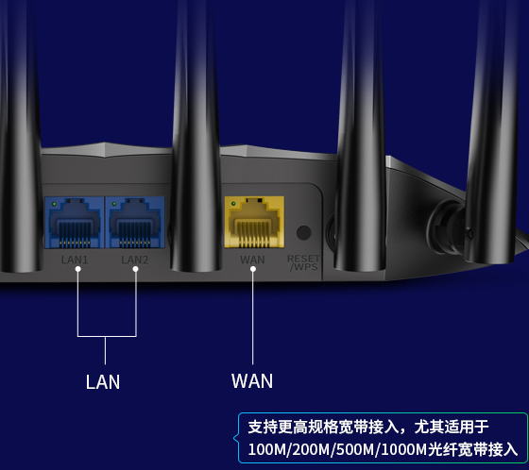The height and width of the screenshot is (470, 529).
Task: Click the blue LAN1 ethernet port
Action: click(x=75, y=223)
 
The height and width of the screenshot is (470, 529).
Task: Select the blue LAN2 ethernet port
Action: click(x=135, y=223)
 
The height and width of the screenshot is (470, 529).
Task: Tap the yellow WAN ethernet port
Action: click(x=254, y=222)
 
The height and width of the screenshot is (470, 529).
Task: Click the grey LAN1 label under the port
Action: click(x=75, y=260)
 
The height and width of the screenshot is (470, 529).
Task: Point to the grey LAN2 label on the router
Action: click(x=134, y=260)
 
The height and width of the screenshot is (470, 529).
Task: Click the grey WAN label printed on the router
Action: click(x=252, y=260)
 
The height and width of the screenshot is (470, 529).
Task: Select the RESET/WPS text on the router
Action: click(x=303, y=262)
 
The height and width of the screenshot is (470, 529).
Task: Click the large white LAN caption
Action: click(x=103, y=382)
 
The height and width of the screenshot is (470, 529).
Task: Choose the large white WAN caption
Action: click(x=252, y=381)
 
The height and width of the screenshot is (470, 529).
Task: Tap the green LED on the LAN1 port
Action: click(x=54, y=204)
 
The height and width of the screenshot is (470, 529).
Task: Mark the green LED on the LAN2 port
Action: click(x=114, y=204)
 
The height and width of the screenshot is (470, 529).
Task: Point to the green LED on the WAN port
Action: click(x=233, y=204)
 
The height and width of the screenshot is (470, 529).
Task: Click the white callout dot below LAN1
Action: click(x=77, y=269)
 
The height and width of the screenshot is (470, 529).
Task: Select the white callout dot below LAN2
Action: click(x=136, y=269)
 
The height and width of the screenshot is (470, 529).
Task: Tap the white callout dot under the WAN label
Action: click(x=253, y=269)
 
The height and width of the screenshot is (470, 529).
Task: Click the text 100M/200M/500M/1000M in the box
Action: click(x=337, y=449)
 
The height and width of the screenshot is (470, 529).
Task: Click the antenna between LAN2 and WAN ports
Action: click(x=196, y=135)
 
